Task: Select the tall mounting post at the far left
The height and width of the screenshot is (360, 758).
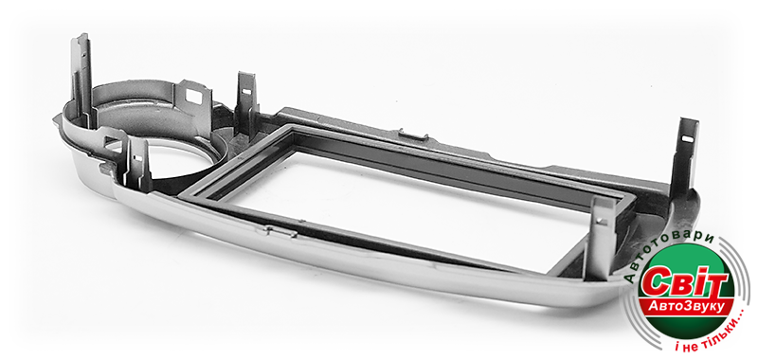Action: click(82, 78)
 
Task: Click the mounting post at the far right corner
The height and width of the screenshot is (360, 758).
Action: click(686, 154)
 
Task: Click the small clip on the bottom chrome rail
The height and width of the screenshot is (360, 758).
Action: click(280, 231)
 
